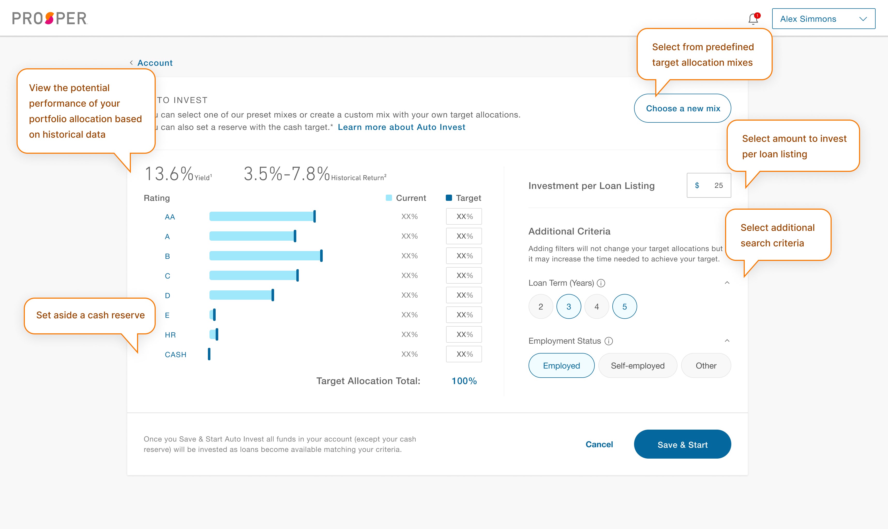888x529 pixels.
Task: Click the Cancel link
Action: [x=599, y=444]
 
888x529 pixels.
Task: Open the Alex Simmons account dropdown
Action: [x=823, y=19]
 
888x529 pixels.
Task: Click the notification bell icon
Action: [x=753, y=19]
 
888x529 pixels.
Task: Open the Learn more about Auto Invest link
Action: [x=401, y=127]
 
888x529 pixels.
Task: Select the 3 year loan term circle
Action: [x=569, y=307]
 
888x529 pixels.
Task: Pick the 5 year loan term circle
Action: [x=624, y=307]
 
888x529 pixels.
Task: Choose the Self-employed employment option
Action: [x=637, y=366]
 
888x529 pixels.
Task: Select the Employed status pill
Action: [x=561, y=366]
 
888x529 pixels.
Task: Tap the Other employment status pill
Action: [x=706, y=366]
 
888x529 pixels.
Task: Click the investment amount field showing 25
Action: [x=709, y=185]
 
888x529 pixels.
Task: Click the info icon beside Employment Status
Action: [x=609, y=341]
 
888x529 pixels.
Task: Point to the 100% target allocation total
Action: [x=464, y=381]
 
